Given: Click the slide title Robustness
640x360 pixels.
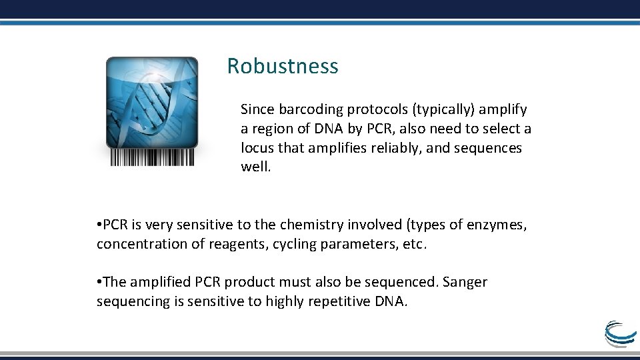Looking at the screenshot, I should (283, 66).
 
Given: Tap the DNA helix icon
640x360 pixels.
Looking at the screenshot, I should (152, 102).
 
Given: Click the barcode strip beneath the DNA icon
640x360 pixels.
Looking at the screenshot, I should (152, 157).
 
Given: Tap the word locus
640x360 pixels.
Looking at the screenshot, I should (257, 147).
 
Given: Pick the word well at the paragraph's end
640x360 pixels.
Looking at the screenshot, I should (255, 167).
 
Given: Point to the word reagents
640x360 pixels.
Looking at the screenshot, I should (236, 244).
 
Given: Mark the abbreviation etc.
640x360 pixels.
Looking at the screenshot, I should (414, 244).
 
